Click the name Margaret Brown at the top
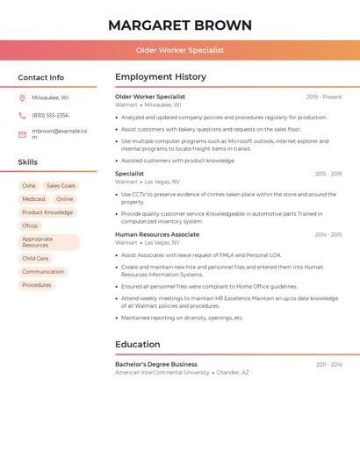(179, 25)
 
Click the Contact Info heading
(41, 77)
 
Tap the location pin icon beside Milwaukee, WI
(22, 98)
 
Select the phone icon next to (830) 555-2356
(22, 116)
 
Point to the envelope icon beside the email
(22, 134)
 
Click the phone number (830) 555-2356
(50, 116)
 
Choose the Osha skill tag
(29, 186)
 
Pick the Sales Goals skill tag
(61, 186)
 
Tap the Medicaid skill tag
(33, 199)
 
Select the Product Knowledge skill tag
(47, 212)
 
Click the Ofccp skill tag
(30, 225)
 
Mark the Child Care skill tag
(35, 259)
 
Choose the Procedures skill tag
(37, 285)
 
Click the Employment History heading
(161, 77)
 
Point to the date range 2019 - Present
(324, 97)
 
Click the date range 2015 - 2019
(328, 174)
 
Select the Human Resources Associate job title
(157, 235)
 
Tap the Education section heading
(138, 345)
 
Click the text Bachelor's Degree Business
(156, 364)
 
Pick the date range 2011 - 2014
(329, 364)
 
